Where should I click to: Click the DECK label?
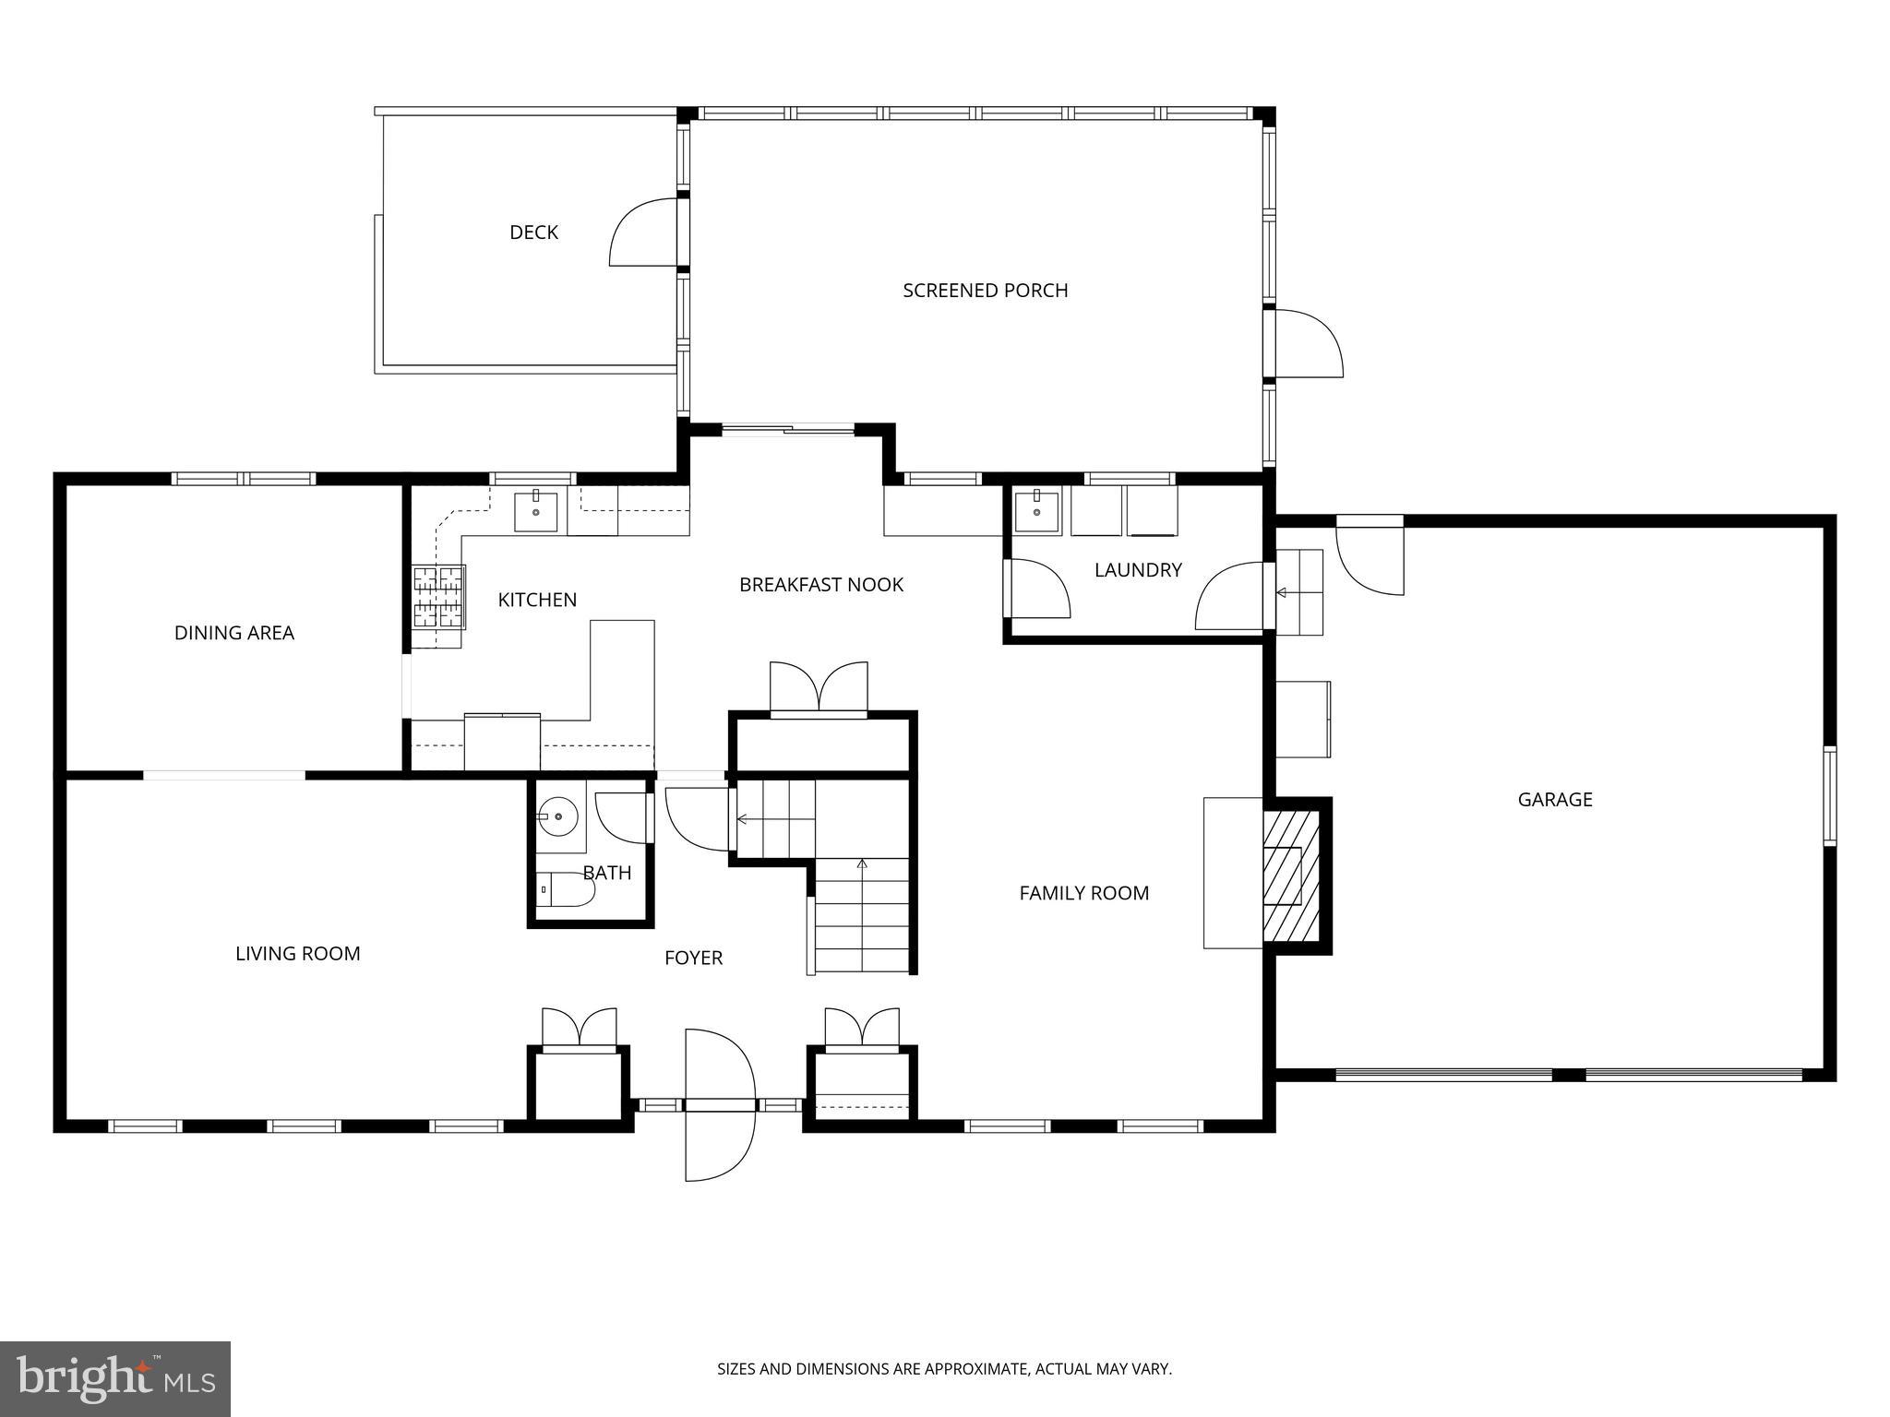tap(533, 232)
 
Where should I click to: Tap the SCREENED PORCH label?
tap(985, 291)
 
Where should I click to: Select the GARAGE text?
tap(1554, 800)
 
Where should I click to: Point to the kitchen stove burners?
tap(437, 597)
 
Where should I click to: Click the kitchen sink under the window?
tap(536, 511)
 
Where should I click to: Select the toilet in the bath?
tap(565, 889)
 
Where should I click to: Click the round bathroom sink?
tap(558, 817)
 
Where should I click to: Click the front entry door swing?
tap(720, 1104)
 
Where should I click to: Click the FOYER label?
tap(693, 959)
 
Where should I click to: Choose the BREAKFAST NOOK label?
tap(820, 585)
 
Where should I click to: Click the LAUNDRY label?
tap(1137, 570)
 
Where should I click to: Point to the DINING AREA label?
tap(233, 633)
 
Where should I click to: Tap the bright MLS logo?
tap(115, 1378)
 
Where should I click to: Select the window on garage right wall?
tap(1828, 795)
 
